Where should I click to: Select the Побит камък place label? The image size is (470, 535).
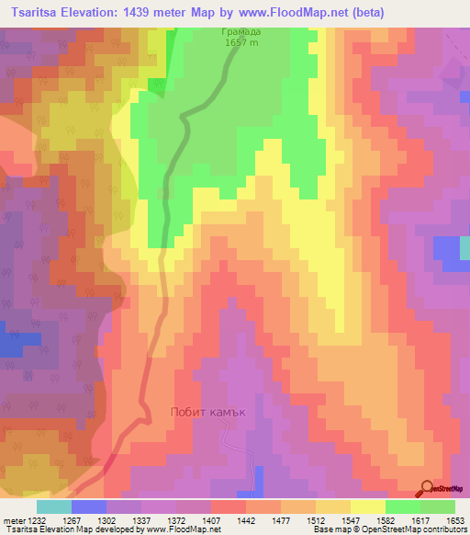(209, 412)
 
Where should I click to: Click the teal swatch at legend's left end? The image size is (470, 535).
(54, 507)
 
